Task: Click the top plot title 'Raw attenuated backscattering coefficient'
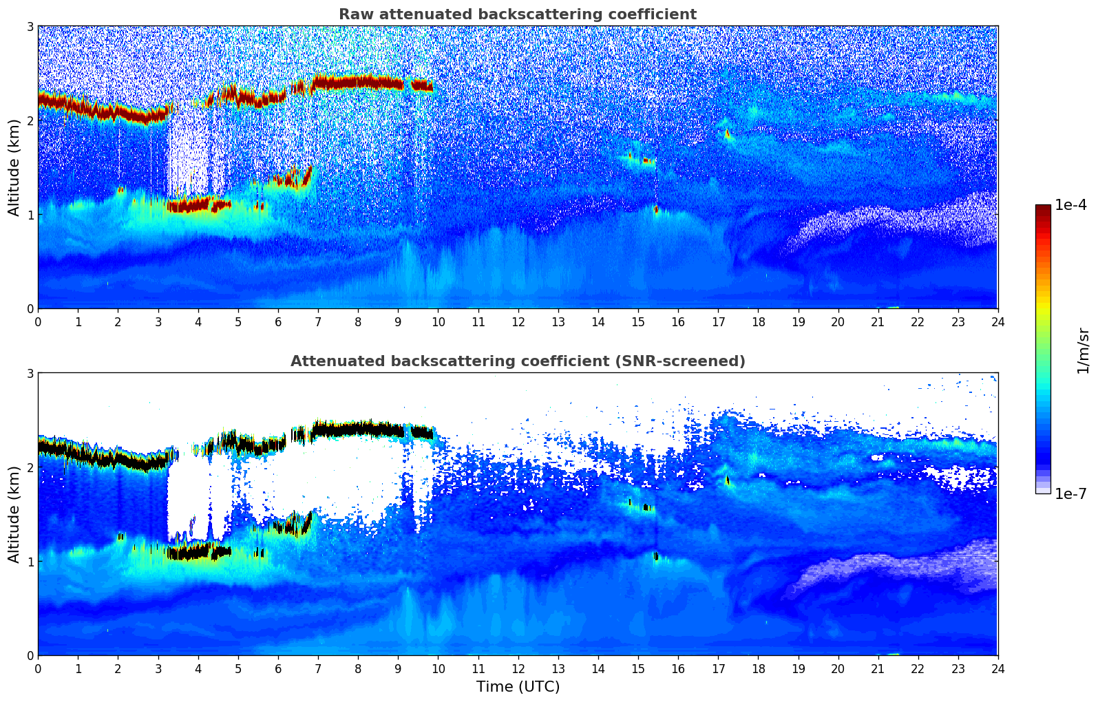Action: click(517, 14)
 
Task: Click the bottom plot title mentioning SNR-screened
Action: click(517, 361)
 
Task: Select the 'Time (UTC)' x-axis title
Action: click(518, 686)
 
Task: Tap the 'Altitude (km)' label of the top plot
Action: click(14, 167)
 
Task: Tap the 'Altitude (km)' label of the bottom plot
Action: click(14, 514)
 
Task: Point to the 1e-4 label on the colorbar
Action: click(1070, 205)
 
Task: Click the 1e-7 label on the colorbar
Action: click(1070, 493)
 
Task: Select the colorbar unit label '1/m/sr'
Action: click(1083, 350)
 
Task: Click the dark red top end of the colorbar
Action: click(1043, 209)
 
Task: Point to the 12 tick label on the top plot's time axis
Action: click(518, 321)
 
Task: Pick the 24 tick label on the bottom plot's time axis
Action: click(997, 668)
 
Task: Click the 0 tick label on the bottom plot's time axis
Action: click(38, 668)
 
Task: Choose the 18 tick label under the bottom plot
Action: click(758, 668)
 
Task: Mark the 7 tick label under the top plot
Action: click(318, 321)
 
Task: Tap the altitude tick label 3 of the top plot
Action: click(30, 26)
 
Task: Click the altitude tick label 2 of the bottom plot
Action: click(30, 467)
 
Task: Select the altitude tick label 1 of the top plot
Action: click(30, 215)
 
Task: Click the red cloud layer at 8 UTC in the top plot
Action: click(358, 82)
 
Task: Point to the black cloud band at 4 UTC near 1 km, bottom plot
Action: click(198, 551)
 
